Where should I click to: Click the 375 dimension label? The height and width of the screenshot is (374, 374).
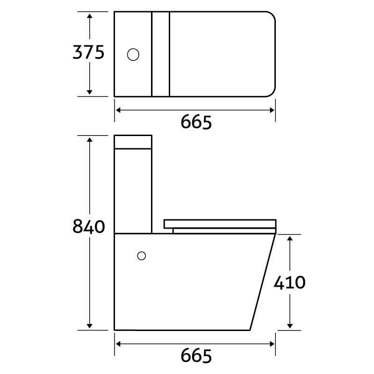[88, 52]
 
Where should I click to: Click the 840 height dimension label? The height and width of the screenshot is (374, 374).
[88, 226]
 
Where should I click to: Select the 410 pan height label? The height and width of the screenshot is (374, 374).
[289, 283]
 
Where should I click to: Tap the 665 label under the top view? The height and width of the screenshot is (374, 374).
[196, 122]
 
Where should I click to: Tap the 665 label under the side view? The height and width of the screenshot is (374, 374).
[196, 356]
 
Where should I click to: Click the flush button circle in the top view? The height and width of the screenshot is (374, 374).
[133, 55]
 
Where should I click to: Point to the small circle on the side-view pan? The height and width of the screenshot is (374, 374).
[142, 256]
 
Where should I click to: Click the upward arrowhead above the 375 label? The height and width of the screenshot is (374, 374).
[89, 16]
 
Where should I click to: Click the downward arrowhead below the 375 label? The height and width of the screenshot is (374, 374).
[89, 92]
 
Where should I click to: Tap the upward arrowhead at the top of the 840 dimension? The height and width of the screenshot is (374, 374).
[89, 140]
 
